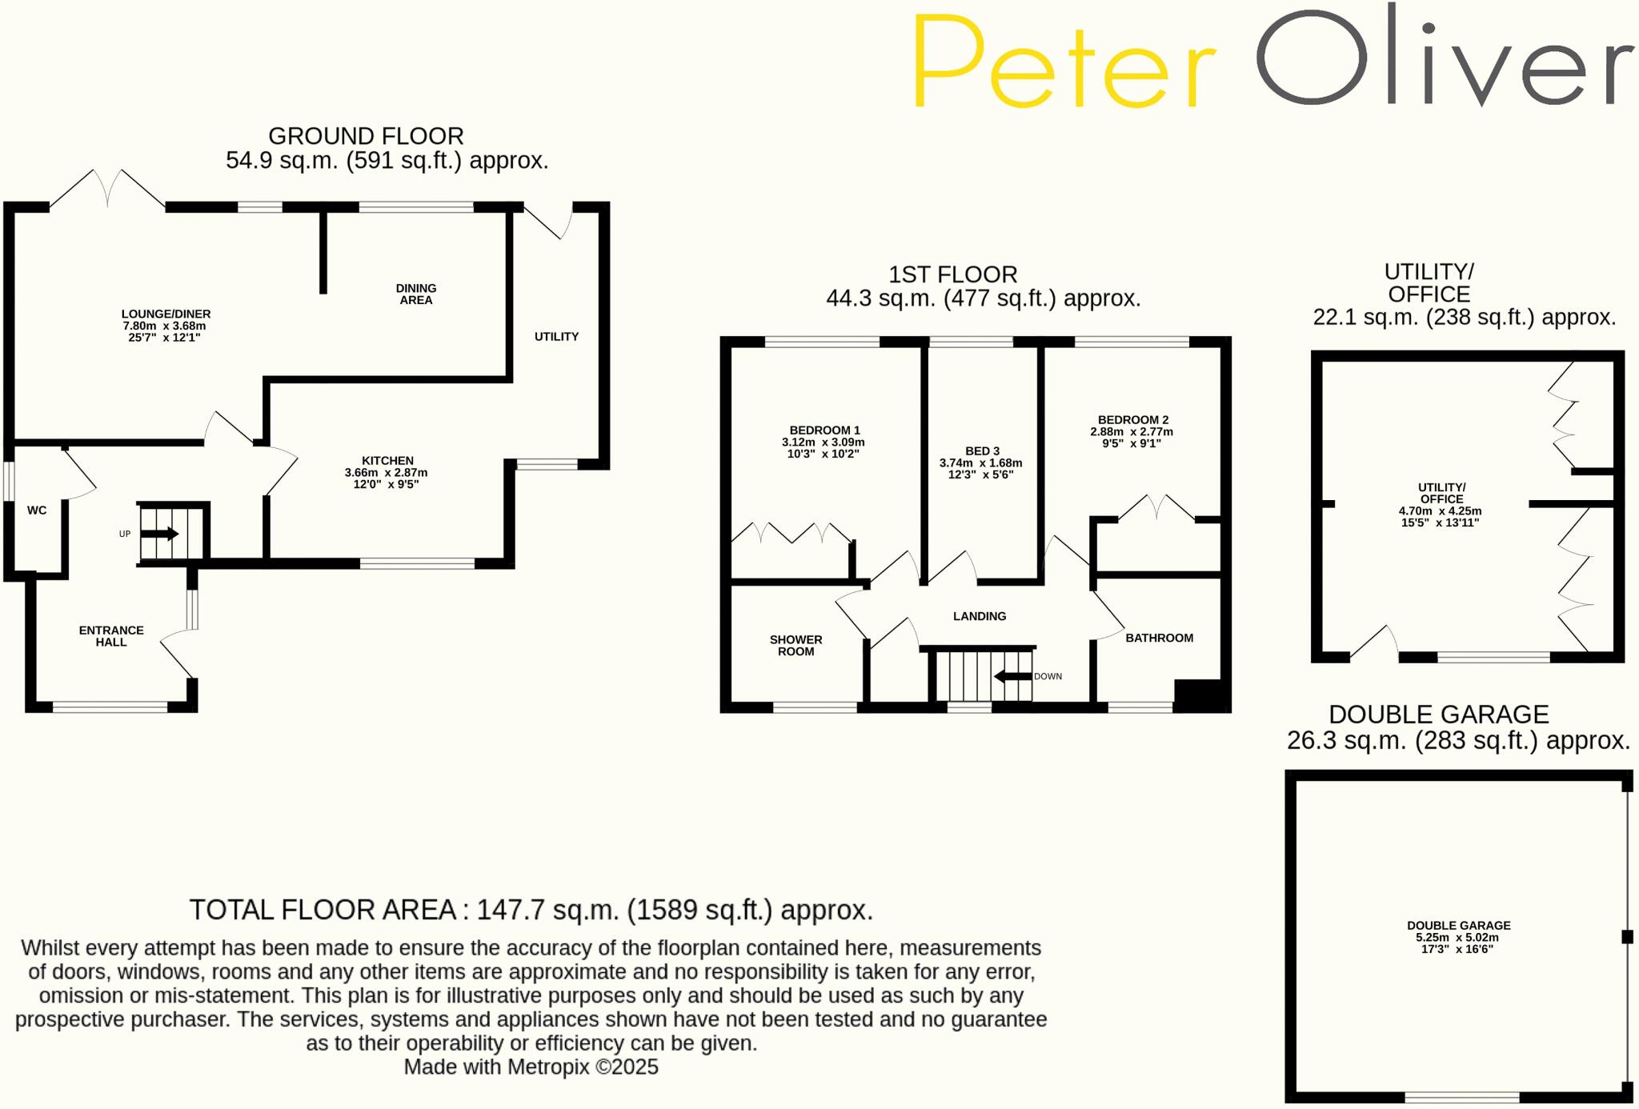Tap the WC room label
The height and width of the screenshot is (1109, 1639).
[37, 510]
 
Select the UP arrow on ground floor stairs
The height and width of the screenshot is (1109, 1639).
[160, 534]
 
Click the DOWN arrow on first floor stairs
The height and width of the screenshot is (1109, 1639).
[1012, 677]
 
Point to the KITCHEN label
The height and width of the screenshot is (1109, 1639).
[387, 461]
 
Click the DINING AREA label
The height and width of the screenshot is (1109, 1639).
[416, 294]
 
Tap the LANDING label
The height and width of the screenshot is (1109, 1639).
[980, 616]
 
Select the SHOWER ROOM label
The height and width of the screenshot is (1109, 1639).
[795, 645]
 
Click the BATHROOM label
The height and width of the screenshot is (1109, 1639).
[1159, 638]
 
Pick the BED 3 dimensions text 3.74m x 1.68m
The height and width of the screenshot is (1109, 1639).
[980, 463]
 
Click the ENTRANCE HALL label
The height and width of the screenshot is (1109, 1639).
[111, 636]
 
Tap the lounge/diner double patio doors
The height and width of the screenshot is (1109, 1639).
[108, 189]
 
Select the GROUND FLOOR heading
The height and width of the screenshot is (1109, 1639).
[366, 136]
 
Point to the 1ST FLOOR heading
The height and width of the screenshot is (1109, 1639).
[952, 274]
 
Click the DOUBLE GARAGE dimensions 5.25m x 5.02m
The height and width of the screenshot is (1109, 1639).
[1457, 938]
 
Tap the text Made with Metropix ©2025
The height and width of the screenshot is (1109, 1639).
[531, 1067]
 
